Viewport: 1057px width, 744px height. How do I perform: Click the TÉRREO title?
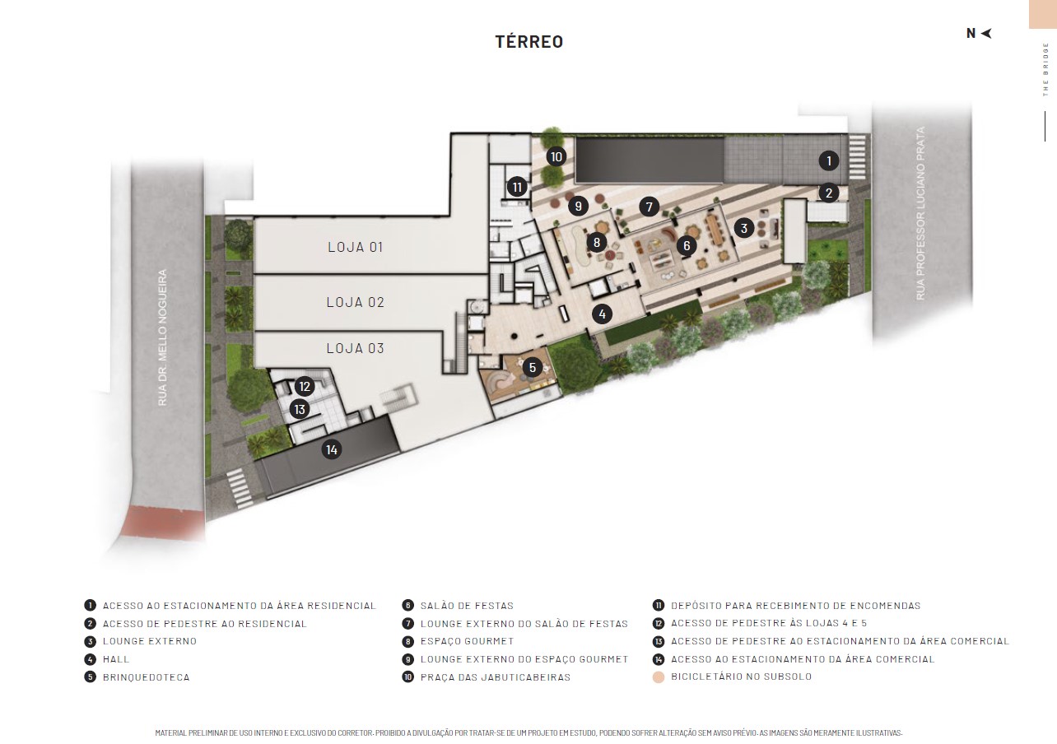[x=529, y=41]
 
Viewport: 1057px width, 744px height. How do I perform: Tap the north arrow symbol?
[x=987, y=33]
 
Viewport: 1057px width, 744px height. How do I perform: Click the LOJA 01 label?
[x=356, y=247]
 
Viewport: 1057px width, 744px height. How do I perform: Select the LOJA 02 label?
[x=356, y=302]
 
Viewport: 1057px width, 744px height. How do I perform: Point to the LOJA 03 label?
[x=356, y=348]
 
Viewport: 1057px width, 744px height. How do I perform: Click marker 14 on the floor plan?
[x=332, y=449]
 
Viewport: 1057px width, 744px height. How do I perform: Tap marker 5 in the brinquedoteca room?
[x=533, y=368]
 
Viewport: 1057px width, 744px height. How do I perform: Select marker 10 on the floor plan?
[x=556, y=156]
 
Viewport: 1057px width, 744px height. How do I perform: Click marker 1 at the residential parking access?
[x=829, y=160]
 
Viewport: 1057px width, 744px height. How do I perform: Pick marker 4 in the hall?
[x=602, y=314]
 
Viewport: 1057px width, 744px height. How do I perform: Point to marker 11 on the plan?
[x=517, y=188]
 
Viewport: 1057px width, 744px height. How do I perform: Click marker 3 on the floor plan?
[x=744, y=228]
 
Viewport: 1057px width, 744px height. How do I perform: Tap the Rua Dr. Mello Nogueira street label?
[x=162, y=337]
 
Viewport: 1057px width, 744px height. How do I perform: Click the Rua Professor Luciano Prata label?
[x=920, y=213]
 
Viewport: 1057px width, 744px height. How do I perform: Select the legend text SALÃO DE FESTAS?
[x=467, y=606]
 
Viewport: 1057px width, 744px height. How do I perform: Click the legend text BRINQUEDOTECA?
[x=147, y=677]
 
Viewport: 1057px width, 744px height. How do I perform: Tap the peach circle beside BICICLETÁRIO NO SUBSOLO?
[x=659, y=677]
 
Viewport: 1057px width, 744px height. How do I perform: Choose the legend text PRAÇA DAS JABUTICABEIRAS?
[x=496, y=677]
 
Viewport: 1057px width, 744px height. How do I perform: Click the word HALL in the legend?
[x=116, y=659]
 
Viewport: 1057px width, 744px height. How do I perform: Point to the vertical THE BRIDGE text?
[x=1045, y=69]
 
